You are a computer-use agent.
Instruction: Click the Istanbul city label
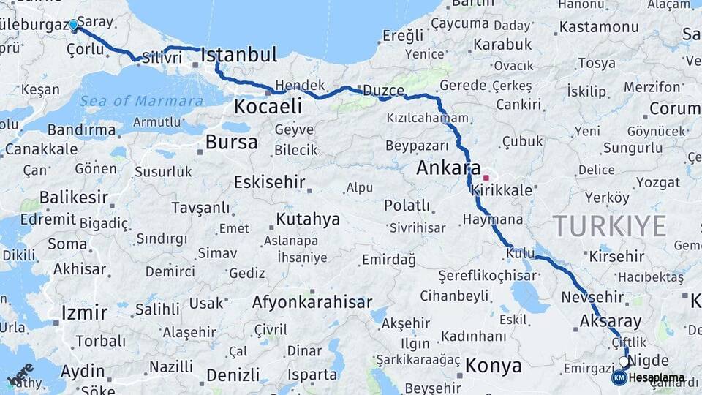tap(238, 55)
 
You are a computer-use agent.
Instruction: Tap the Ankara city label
tap(448, 168)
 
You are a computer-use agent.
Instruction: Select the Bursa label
tap(231, 142)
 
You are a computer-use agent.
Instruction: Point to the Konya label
tap(494, 365)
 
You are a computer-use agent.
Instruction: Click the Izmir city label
tap(85, 313)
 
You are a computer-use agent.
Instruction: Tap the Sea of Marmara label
tap(142, 101)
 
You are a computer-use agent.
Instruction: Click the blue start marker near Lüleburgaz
tap(73, 25)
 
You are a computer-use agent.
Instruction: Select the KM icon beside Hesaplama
tap(619, 378)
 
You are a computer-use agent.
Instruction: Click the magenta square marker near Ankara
tap(486, 178)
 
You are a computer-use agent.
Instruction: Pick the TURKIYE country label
tap(609, 226)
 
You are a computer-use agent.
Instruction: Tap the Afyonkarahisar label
tap(312, 302)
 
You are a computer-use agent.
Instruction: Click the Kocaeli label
tap(268, 107)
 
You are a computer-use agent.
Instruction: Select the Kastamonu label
tap(598, 28)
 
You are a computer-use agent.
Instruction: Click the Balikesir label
tap(74, 197)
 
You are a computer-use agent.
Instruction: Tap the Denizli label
tap(233, 375)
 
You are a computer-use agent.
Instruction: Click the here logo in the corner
tap(21, 374)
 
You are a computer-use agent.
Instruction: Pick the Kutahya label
tap(308, 219)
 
